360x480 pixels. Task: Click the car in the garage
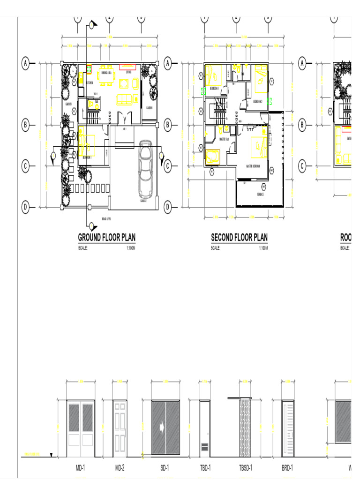click(x=146, y=169)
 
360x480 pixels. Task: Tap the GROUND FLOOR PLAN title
click(x=106, y=238)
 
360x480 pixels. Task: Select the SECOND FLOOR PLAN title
click(x=239, y=238)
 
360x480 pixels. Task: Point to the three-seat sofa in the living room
click(x=124, y=99)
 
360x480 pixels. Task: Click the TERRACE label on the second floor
click(x=260, y=194)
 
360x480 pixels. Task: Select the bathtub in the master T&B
click(x=213, y=156)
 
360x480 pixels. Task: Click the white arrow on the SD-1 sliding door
click(x=161, y=427)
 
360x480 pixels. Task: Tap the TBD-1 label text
click(x=205, y=467)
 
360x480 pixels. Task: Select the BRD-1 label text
click(x=287, y=467)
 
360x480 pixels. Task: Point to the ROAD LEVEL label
click(x=106, y=219)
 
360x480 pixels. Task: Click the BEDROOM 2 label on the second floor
click(x=258, y=101)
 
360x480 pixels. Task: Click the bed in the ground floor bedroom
click(x=87, y=145)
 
